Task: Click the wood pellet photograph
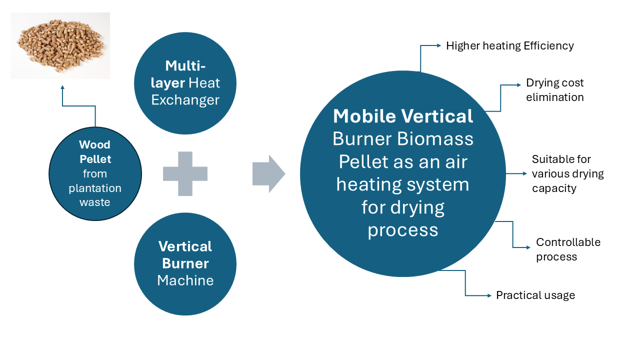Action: [60, 45]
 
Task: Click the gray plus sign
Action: [185, 173]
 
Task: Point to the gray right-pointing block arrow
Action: [269, 173]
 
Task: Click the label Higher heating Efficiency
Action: [509, 46]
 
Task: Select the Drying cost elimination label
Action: [554, 90]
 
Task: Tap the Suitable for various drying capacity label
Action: [567, 173]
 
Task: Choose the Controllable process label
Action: [568, 249]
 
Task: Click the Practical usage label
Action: [535, 295]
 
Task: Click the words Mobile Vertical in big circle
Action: [402, 116]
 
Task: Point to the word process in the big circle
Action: [402, 230]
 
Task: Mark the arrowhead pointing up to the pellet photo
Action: [62, 87]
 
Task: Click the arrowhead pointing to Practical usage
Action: [489, 295]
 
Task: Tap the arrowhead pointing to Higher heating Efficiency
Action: [439, 46]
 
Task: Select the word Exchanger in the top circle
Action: [185, 100]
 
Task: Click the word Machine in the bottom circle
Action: [185, 280]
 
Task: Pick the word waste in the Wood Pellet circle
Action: [95, 202]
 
